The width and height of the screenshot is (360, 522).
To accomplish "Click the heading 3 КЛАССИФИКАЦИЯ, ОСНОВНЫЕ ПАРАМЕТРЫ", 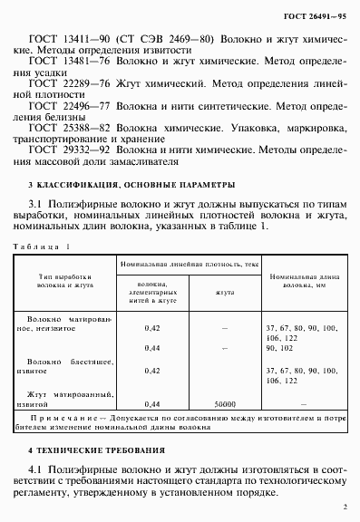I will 119,209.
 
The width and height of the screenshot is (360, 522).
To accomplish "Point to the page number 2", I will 345,509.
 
